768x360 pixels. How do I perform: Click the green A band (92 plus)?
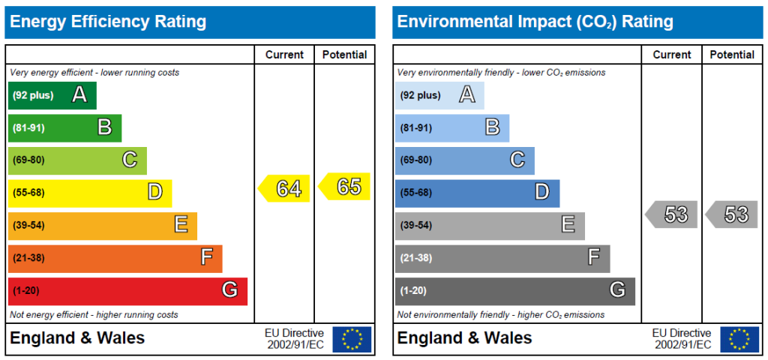pos(52,95)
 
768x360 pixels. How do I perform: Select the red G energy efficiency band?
pos(127,290)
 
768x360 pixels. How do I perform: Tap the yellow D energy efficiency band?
pos(90,193)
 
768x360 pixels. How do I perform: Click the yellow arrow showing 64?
pos(285,188)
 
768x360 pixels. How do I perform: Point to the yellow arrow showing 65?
pos(345,187)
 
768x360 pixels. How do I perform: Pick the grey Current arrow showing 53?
pos(672,214)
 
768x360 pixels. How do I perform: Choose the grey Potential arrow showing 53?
pos(732,214)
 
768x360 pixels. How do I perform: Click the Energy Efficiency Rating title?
pos(108,22)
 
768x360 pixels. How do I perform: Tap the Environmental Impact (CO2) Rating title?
pos(535,22)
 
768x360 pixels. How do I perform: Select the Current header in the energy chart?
pos(284,55)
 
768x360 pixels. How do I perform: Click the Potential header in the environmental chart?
pos(732,55)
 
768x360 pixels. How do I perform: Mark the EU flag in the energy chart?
pos(352,339)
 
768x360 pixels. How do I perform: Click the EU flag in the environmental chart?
pos(739,339)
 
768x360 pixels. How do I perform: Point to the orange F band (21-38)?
pos(115,258)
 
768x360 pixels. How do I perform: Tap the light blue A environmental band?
pos(439,95)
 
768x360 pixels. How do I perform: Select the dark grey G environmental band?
pos(514,290)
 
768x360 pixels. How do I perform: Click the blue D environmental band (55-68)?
pos(477,193)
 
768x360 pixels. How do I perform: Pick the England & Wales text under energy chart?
pos(77,338)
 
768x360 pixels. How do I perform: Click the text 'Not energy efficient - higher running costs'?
pos(94,315)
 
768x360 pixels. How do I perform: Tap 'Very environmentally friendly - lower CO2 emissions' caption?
pos(501,73)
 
